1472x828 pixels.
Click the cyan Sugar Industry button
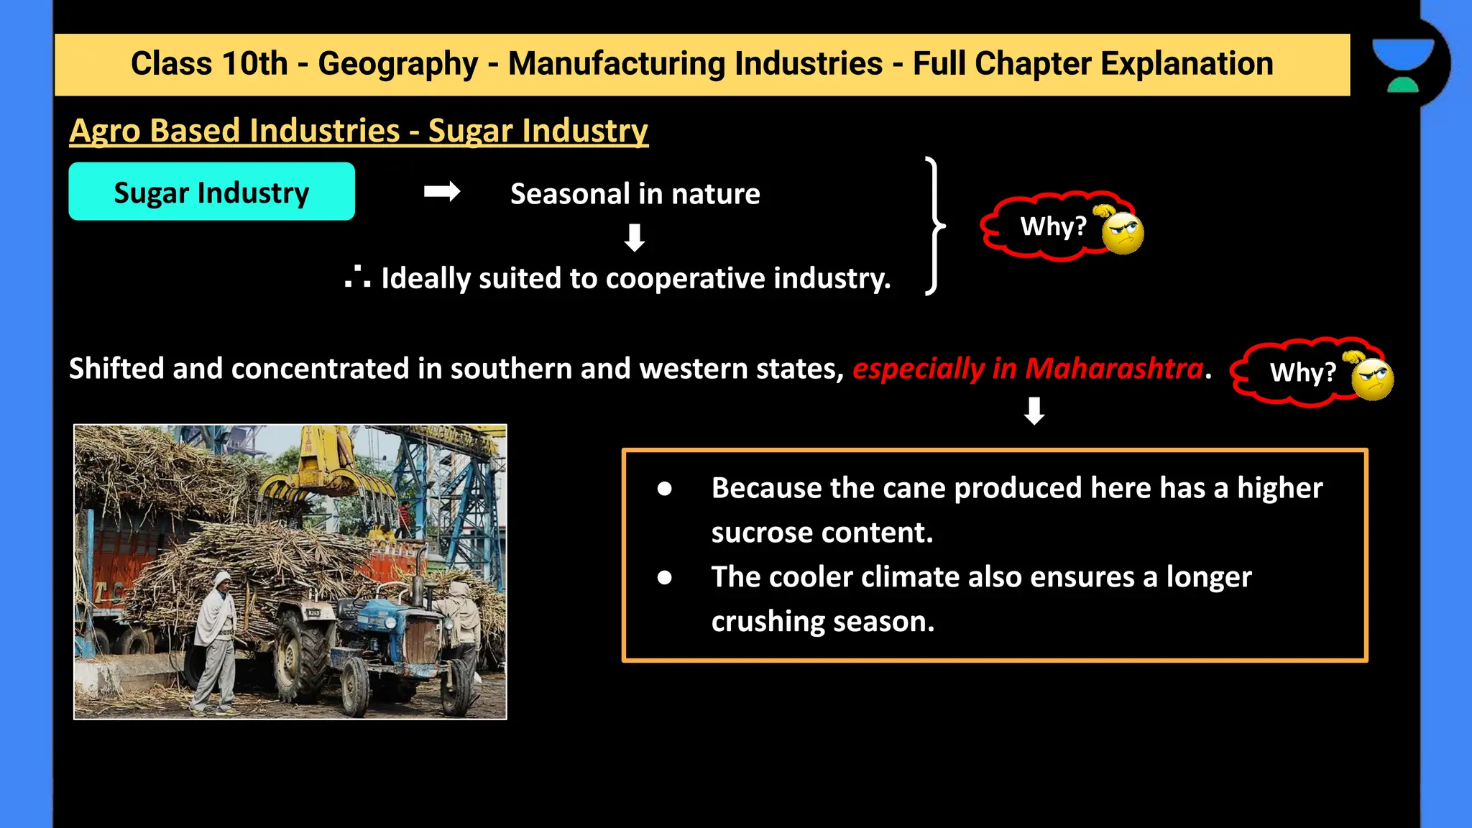click(211, 191)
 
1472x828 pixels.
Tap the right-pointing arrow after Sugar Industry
click(441, 192)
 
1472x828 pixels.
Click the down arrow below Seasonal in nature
click(634, 237)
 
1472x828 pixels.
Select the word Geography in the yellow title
click(397, 63)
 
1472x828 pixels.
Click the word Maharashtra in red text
click(1113, 368)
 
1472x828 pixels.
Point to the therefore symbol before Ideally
click(357, 277)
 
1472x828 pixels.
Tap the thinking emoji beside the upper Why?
click(1122, 231)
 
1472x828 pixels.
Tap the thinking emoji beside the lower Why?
click(1371, 378)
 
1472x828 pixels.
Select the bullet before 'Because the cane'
click(664, 489)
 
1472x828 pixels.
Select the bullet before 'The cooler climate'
click(664, 577)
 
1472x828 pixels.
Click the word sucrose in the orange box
click(761, 533)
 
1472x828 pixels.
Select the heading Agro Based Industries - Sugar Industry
click(359, 131)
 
